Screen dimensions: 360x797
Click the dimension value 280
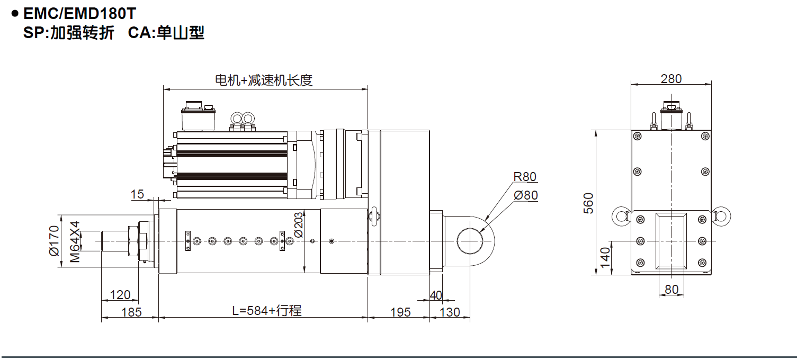671,79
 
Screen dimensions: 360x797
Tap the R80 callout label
524,177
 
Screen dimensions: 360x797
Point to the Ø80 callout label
525,195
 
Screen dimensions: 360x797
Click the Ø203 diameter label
299,224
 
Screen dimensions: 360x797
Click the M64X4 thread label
75,241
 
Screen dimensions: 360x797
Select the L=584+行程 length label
267,311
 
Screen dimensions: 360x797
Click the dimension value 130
450,312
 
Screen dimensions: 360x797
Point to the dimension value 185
131,312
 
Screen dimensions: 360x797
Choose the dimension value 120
120,295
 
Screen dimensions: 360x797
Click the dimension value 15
137,194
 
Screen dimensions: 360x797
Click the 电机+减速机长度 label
264,80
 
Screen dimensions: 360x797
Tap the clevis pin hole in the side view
470,241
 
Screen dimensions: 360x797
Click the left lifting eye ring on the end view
620,215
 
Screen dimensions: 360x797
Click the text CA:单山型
166,33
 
